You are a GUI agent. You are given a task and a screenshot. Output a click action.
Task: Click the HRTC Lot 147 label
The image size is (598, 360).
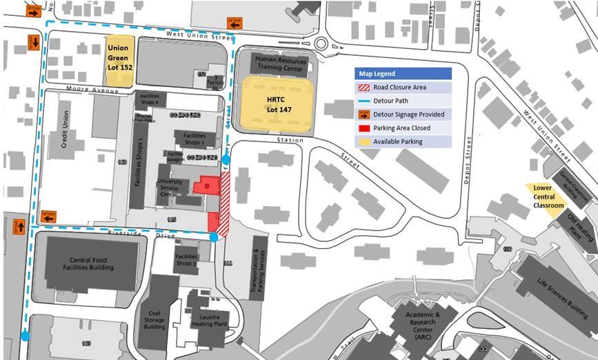coord(275,105)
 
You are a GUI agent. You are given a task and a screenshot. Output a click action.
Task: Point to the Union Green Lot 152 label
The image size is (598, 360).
coord(120,59)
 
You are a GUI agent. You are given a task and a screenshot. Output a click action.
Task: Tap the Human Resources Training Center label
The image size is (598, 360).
coord(279,64)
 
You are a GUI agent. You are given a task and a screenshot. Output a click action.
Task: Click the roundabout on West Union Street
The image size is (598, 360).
coord(321,43)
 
